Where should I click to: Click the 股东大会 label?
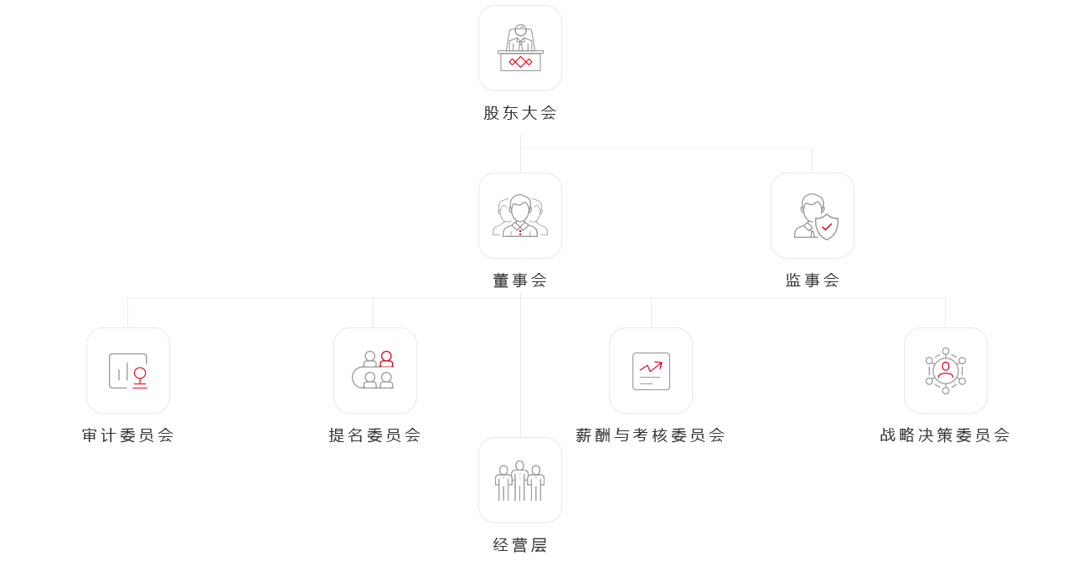tap(520, 112)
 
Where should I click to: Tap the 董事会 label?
tap(520, 280)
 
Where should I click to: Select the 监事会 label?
tap(812, 280)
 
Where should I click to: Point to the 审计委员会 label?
tap(128, 435)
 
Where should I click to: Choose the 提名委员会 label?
tap(374, 435)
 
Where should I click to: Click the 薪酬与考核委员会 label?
tap(650, 435)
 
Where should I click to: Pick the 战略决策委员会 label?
tap(945, 435)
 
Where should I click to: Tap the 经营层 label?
tap(520, 545)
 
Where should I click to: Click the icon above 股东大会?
tap(520, 48)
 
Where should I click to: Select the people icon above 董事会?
tap(520, 216)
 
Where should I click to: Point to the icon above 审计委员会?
tap(128, 371)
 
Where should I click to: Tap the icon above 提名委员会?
tap(374, 370)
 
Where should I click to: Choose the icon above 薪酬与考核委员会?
tap(651, 371)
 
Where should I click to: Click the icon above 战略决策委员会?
tap(946, 370)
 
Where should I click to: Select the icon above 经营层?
tap(520, 481)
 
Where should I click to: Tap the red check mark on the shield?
tap(827, 226)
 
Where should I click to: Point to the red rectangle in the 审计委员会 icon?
tap(141, 378)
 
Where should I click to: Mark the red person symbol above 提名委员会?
tap(386, 359)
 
